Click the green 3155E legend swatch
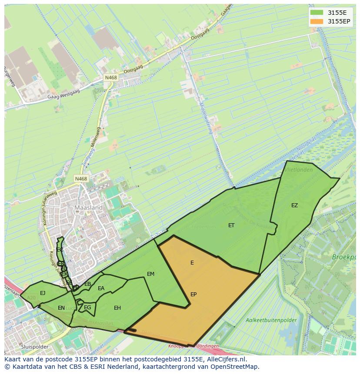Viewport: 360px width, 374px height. click(317, 13)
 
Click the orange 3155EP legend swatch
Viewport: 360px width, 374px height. click(317, 21)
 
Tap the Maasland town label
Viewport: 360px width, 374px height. click(88, 208)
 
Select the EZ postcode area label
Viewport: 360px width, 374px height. click(294, 205)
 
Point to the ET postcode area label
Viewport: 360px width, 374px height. click(231, 225)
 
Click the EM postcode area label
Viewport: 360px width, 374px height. click(150, 274)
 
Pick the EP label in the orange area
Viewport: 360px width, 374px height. click(193, 295)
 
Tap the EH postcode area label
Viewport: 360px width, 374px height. click(117, 308)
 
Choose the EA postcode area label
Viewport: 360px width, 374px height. click(101, 288)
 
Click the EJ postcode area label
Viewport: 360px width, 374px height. click(43, 293)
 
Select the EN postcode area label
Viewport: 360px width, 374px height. click(61, 308)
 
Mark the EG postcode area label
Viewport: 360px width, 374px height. click(87, 308)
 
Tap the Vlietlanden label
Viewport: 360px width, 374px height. click(298, 170)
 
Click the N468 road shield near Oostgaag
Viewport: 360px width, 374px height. click(110, 77)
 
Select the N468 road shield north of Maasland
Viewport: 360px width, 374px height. click(80, 179)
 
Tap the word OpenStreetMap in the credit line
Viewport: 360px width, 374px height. click(236, 367)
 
